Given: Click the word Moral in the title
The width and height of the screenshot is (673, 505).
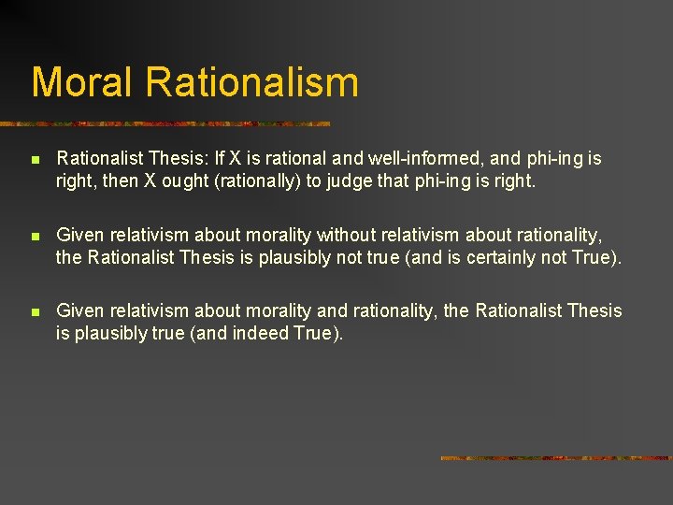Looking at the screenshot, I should pyautogui.click(x=84, y=81).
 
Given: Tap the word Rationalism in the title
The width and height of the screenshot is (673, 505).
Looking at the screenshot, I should pyautogui.click(x=252, y=81).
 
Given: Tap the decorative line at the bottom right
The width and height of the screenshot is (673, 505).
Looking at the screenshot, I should pyautogui.click(x=555, y=458).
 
